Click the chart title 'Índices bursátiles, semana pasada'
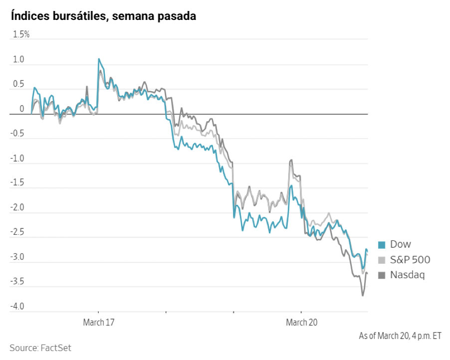click(x=103, y=16)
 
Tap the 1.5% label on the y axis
click(x=21, y=34)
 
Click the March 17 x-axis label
click(x=98, y=322)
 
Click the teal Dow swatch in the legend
click(x=382, y=245)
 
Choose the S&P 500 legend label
click(x=410, y=260)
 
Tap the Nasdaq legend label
click(x=408, y=275)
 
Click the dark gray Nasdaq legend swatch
click(x=382, y=275)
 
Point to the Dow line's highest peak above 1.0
click(x=99, y=59)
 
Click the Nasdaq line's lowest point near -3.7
click(x=363, y=295)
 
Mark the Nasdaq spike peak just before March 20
click(x=291, y=160)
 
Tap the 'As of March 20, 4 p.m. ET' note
click(x=400, y=336)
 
